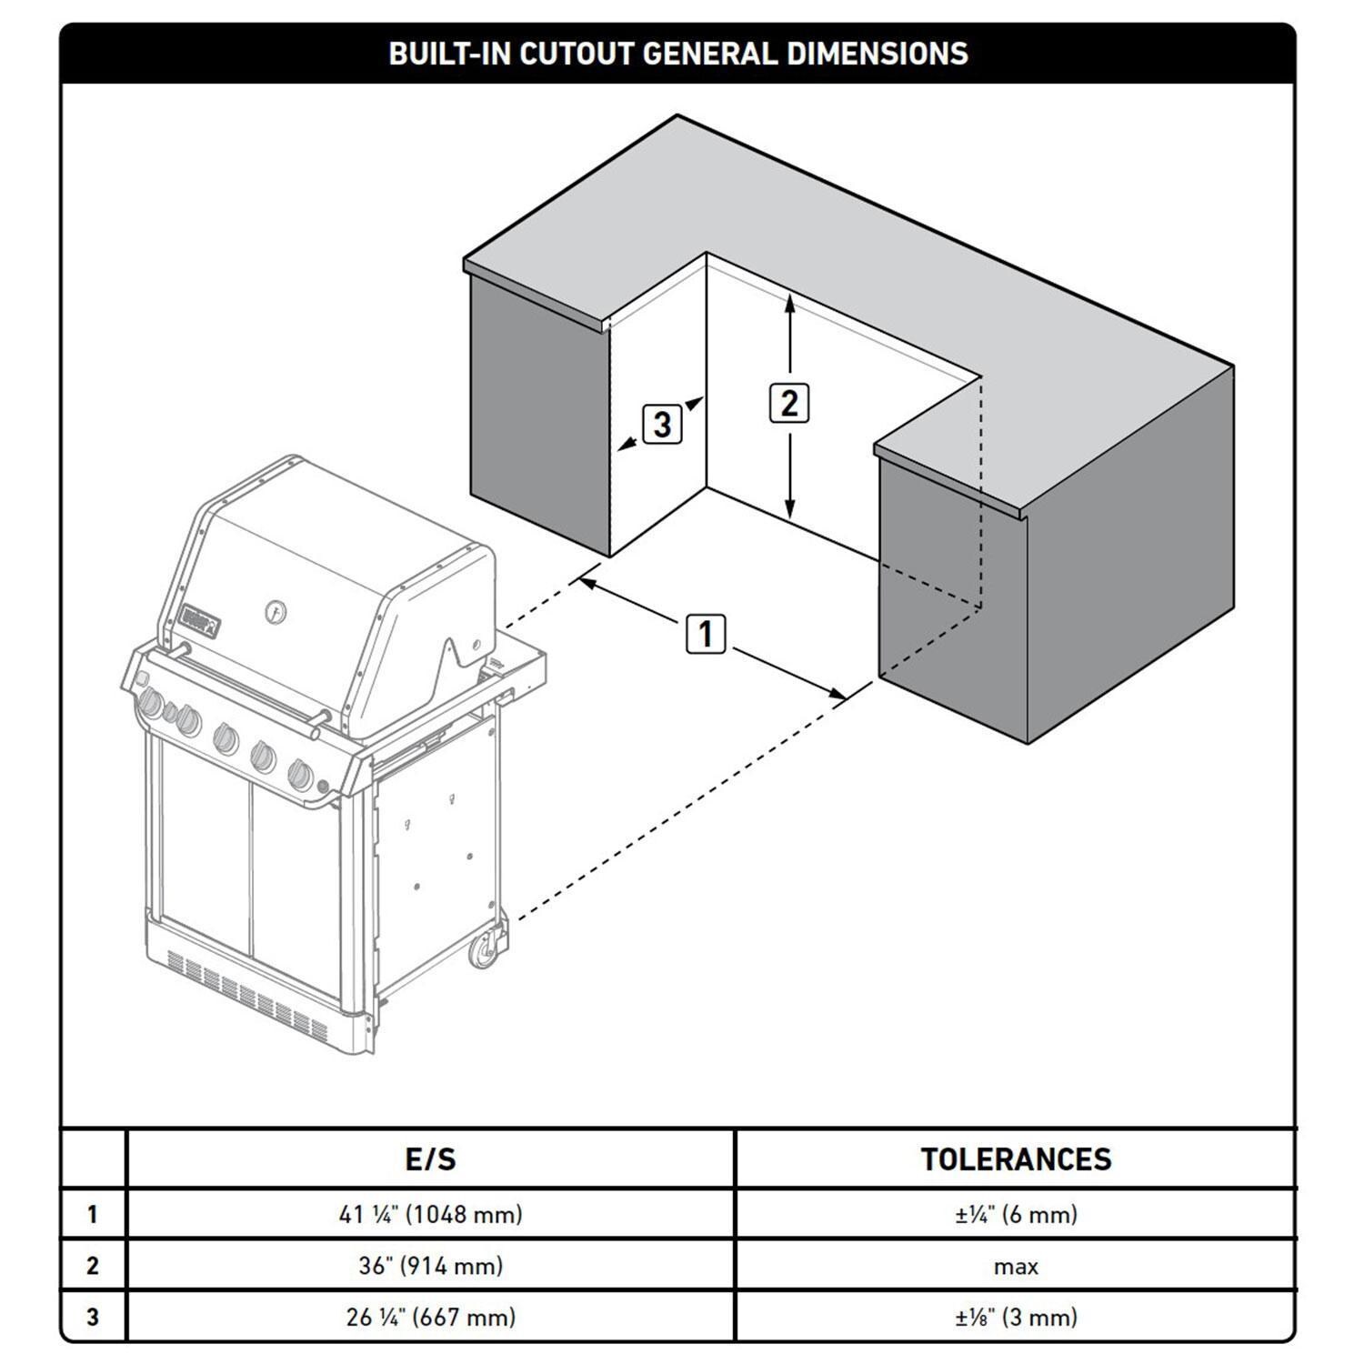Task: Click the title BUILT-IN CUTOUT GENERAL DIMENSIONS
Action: (x=677, y=54)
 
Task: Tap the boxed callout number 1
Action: (x=706, y=633)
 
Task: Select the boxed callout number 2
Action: (x=788, y=403)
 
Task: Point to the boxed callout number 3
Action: (x=662, y=424)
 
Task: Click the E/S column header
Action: (x=430, y=1158)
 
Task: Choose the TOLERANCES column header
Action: (x=1016, y=1158)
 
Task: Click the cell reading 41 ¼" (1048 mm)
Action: (x=430, y=1214)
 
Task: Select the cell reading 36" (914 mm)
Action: (x=430, y=1265)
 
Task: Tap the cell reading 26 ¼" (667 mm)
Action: (x=430, y=1316)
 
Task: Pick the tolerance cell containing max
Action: (x=1016, y=1266)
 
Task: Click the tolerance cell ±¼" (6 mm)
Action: (x=1016, y=1214)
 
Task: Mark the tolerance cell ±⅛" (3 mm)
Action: (x=1016, y=1316)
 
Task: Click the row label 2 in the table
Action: (x=92, y=1265)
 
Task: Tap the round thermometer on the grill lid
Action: (x=276, y=611)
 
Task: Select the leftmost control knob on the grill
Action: (x=151, y=704)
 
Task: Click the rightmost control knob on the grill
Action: (x=300, y=775)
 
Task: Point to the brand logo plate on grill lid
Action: (x=200, y=623)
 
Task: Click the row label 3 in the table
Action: (x=92, y=1316)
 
